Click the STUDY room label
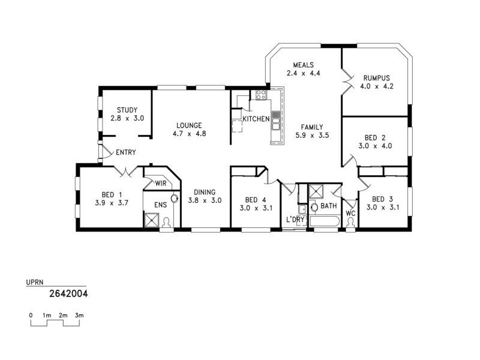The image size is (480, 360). coord(127,110)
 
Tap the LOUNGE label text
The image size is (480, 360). coord(189,125)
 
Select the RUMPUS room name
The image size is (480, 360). coord(376,77)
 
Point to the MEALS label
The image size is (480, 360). coord(304,65)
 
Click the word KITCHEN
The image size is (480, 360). coord(256,119)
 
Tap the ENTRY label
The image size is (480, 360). coord(125,152)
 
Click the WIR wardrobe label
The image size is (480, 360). coord(160,184)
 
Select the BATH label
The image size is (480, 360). coord(328,206)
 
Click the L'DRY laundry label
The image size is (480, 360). coord(295,220)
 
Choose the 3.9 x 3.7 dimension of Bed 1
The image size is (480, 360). coord(112,203)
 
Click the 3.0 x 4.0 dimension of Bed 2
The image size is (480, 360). coord(374,145)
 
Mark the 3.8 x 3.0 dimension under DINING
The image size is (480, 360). coord(205,200)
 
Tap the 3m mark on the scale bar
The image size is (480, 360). coord(79,315)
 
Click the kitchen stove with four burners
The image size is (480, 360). coord(261,94)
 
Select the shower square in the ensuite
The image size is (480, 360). coord(151,221)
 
